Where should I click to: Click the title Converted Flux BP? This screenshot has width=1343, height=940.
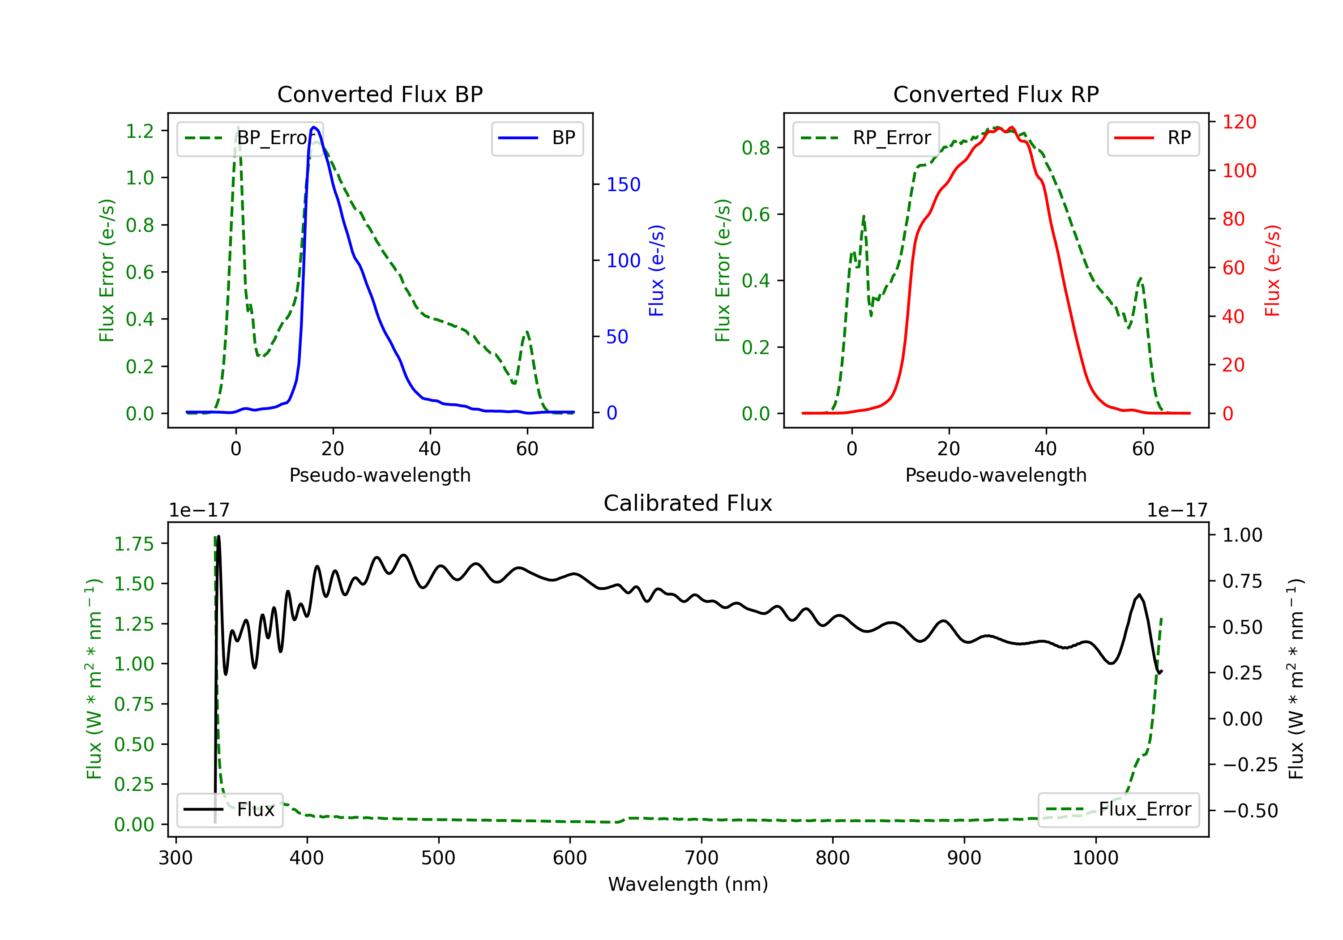click(x=380, y=94)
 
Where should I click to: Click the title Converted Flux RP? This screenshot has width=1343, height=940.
click(x=996, y=94)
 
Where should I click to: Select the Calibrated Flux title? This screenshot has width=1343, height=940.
click(x=688, y=503)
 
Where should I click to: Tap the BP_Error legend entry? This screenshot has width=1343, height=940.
click(x=250, y=138)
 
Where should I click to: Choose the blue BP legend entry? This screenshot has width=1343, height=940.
click(x=537, y=138)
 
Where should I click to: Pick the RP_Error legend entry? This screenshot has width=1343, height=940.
click(x=866, y=138)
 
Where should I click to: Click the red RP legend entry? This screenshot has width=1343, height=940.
click(x=1153, y=138)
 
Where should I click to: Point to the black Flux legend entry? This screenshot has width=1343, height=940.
click(x=229, y=810)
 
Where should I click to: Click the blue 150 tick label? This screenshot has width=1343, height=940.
click(x=624, y=185)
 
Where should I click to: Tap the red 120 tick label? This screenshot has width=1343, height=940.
click(x=1240, y=122)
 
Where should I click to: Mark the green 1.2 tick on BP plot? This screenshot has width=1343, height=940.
click(x=140, y=131)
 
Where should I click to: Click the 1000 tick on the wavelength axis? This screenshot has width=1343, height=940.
click(x=1095, y=858)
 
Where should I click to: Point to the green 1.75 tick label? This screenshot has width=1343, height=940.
click(x=134, y=544)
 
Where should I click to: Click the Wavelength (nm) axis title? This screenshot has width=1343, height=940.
click(x=688, y=884)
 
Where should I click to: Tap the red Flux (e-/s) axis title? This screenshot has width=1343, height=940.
click(x=1273, y=271)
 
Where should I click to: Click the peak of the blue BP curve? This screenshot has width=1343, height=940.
click(x=314, y=127)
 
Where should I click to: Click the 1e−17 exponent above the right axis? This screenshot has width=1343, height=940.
click(x=1177, y=511)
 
